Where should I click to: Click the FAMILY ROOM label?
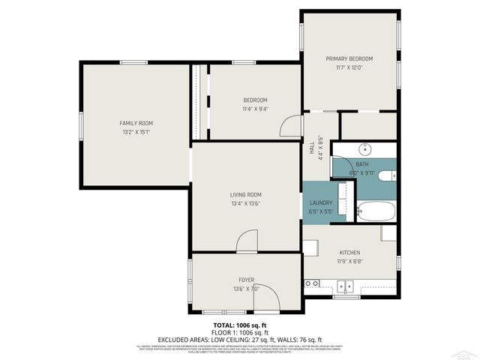(x=136, y=123)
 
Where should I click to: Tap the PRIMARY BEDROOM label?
(x=349, y=58)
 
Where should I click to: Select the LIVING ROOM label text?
(x=245, y=195)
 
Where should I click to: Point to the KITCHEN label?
(x=350, y=253)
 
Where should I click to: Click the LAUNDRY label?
(x=321, y=202)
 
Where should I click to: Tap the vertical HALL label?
(x=312, y=148)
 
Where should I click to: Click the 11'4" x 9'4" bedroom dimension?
(x=255, y=109)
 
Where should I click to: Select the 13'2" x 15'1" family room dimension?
(x=136, y=132)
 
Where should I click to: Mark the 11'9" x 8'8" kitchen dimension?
(x=350, y=262)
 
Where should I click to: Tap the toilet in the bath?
(x=386, y=176)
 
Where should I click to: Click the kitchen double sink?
(x=346, y=285)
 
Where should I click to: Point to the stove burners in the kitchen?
(x=312, y=283)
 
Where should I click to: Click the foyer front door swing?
(x=266, y=298)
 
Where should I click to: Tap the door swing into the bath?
(x=341, y=166)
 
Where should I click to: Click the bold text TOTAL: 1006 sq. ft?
(x=239, y=325)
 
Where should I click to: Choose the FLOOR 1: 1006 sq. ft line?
(x=239, y=331)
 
